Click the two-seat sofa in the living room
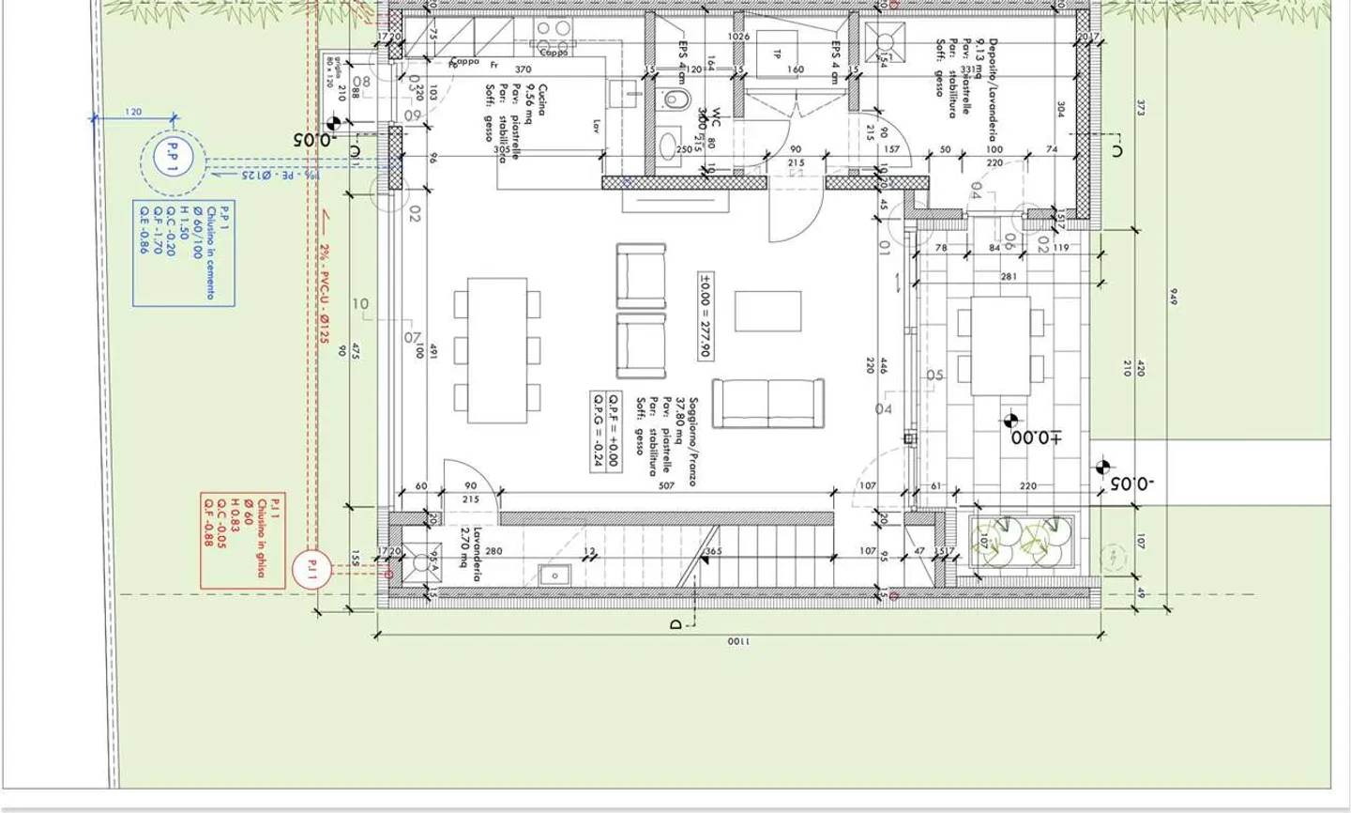(x=767, y=403)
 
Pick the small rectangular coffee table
(x=767, y=311)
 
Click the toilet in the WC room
(x=674, y=100)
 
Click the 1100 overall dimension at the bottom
(x=738, y=642)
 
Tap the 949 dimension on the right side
(x=1173, y=297)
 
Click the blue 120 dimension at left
(x=133, y=112)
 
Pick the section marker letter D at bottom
(x=676, y=623)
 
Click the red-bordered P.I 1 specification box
(x=243, y=540)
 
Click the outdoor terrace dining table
(x=1000, y=345)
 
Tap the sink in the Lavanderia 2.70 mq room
(x=554, y=574)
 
